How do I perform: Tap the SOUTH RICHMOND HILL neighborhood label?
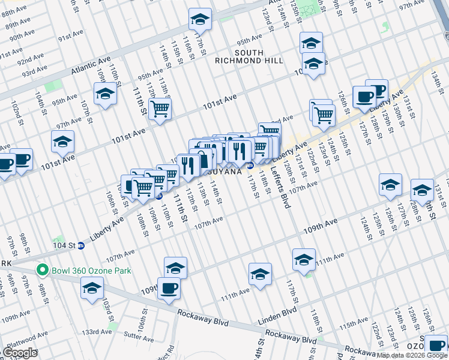[x=249, y=56]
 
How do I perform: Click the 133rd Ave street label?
[x=97, y=331]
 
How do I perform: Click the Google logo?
[x=20, y=352]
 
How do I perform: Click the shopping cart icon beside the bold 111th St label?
[x=160, y=109]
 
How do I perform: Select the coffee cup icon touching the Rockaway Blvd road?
[x=168, y=289]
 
